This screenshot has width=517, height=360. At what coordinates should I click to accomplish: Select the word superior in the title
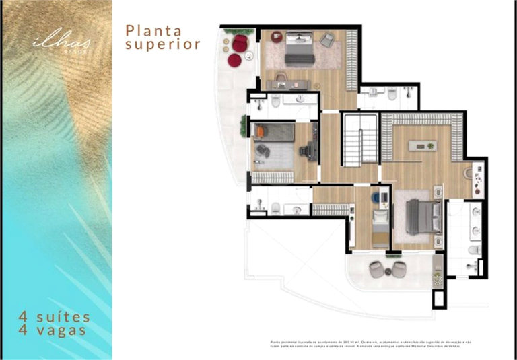tap(164, 45)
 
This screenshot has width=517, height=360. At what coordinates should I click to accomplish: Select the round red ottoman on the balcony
tap(234, 61)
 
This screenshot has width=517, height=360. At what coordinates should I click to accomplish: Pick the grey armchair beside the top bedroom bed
tap(328, 40)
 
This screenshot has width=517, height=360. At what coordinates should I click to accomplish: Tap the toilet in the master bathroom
tap(474, 250)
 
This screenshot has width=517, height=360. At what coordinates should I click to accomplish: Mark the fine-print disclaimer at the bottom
tap(370, 343)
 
